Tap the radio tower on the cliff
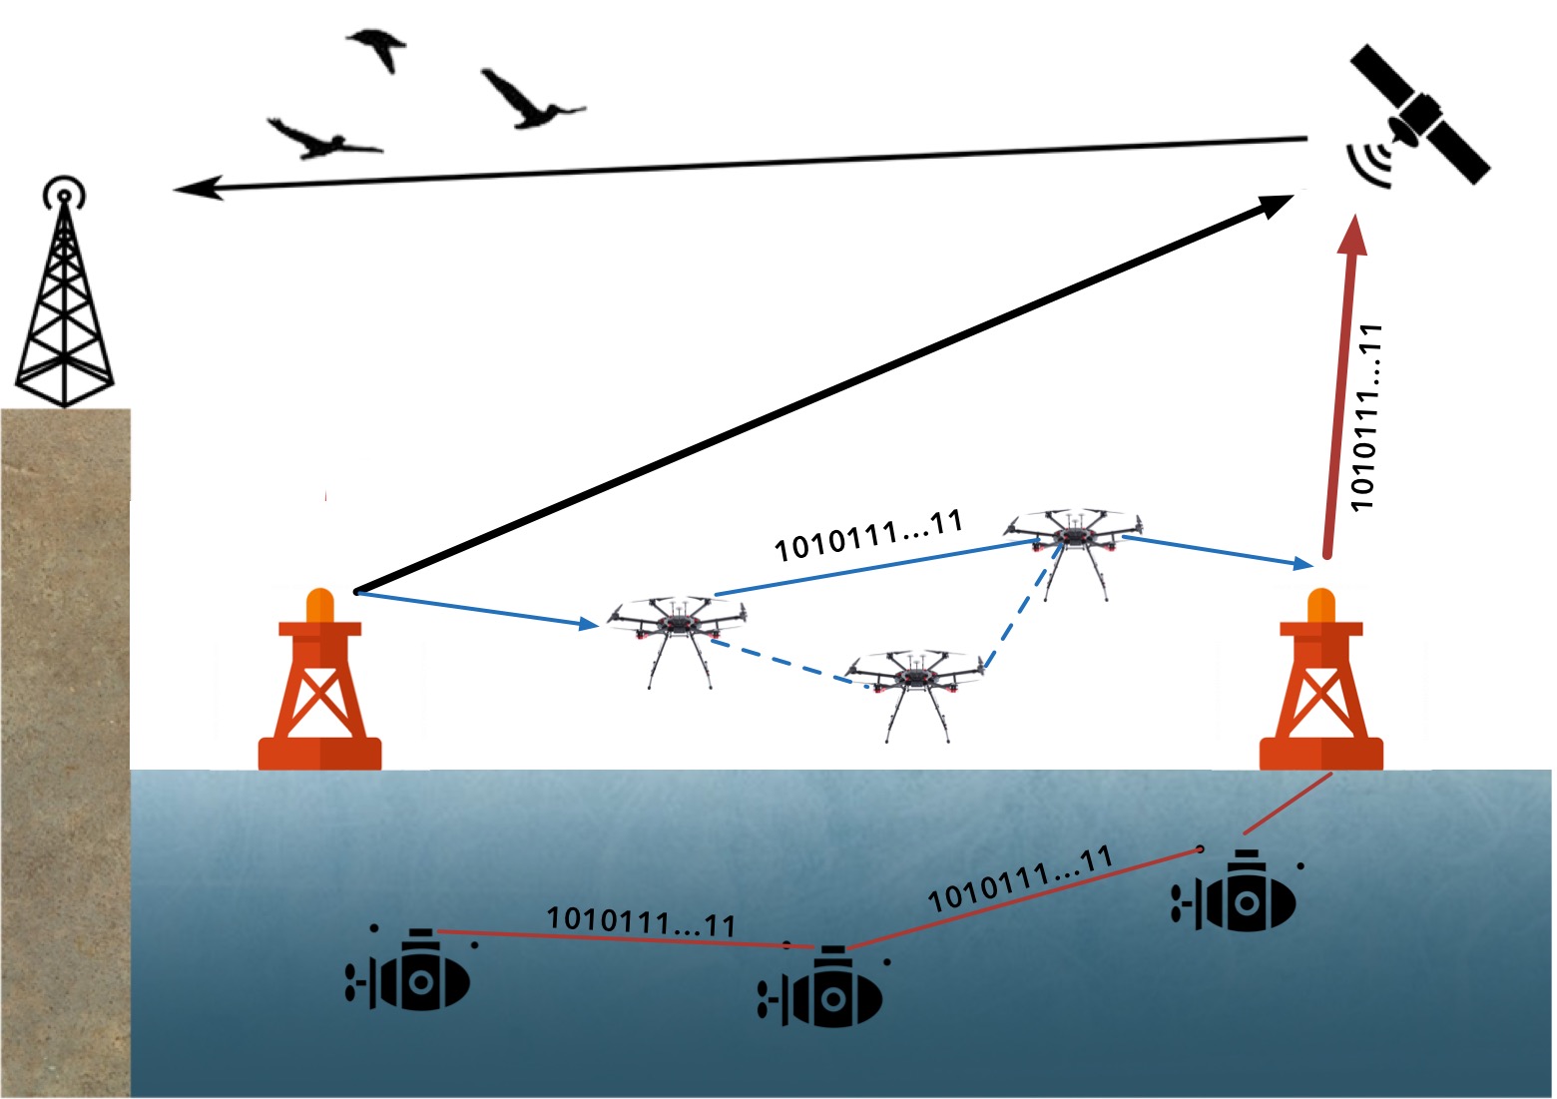point(64,299)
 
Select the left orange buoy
point(319,689)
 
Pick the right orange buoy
point(1321,689)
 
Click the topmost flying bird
point(377,48)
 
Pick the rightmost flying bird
point(529,100)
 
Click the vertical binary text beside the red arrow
point(1365,417)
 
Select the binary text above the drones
point(868,535)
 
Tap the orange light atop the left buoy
point(319,605)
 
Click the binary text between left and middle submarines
point(641,920)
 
